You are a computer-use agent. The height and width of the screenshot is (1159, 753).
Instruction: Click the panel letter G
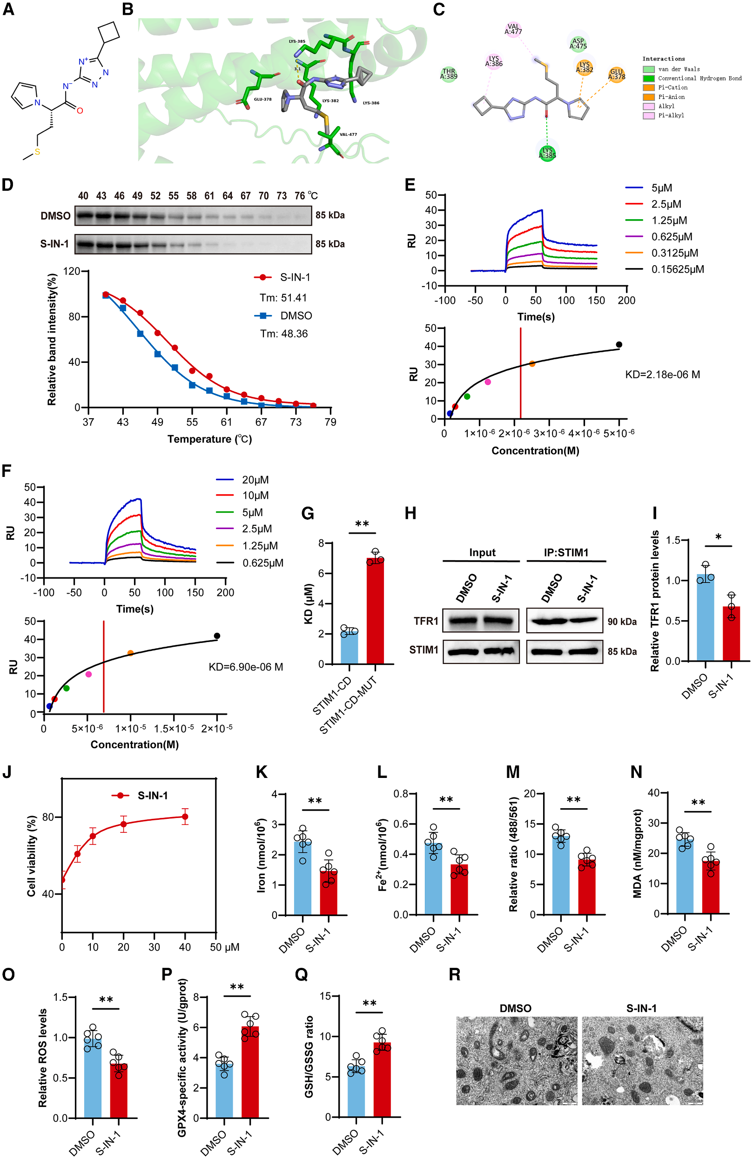308,514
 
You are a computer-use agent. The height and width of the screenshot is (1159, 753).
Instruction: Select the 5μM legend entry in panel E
661,188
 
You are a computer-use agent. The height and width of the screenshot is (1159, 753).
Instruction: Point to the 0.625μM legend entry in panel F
262,563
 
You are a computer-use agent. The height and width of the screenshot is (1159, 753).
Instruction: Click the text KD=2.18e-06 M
662,375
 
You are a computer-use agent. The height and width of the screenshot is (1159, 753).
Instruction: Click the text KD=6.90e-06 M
245,667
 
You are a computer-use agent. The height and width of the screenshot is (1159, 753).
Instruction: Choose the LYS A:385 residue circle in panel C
547,153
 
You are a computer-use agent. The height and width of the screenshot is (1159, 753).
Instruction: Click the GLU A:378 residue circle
616,74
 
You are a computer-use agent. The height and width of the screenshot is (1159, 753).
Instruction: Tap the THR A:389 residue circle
449,74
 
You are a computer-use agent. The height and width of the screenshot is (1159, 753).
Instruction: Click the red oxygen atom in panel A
80,111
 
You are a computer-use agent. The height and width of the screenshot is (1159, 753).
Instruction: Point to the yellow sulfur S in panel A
37,152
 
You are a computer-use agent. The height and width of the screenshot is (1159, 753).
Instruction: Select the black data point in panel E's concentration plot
619,345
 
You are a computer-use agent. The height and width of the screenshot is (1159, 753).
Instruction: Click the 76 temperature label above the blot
300,196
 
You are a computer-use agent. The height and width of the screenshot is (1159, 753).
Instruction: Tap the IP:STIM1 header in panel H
565,553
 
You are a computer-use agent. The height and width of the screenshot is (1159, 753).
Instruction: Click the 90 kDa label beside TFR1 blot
622,622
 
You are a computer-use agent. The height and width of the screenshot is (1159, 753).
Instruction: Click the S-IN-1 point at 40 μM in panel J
185,817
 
